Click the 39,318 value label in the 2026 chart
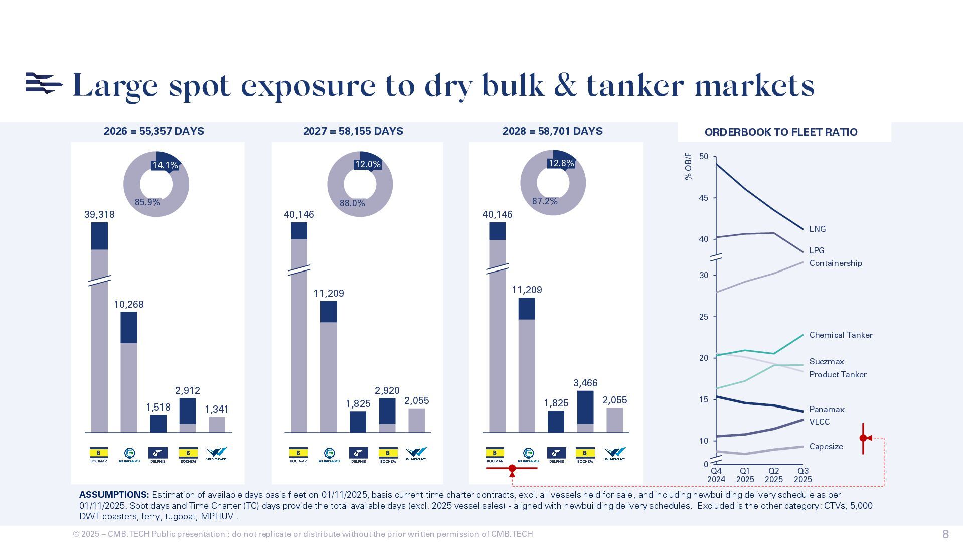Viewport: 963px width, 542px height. click(99, 215)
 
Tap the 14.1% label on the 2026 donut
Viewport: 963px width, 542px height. click(165, 165)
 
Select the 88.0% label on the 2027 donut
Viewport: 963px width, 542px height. click(352, 203)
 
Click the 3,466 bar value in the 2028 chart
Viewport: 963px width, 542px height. click(585, 383)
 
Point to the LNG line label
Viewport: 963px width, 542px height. click(817, 229)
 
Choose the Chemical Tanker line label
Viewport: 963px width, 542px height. click(841, 335)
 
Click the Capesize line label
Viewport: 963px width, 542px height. click(826, 447)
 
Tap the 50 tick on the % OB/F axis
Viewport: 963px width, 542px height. click(703, 157)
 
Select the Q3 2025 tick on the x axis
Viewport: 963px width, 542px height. click(802, 475)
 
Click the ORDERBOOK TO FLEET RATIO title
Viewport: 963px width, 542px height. click(781, 132)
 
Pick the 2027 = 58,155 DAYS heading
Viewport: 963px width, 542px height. click(353, 131)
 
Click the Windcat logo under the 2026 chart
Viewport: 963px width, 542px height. click(216, 454)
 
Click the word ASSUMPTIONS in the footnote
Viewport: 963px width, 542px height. click(114, 495)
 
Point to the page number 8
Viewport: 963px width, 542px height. click(945, 534)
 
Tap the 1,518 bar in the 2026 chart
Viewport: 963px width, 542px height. click(158, 424)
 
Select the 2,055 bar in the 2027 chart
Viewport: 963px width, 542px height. click(416, 420)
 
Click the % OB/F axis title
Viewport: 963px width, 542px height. click(688, 166)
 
